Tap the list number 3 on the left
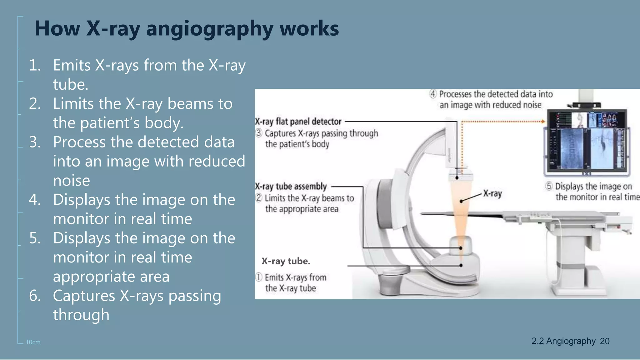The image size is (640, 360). [35, 142]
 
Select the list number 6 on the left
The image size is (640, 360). [35, 296]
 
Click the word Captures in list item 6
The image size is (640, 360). [84, 296]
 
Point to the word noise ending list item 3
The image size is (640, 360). [72, 181]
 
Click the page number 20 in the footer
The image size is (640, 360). [604, 341]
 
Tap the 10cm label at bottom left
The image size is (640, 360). [33, 342]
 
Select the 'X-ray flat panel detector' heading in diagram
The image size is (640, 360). [298, 122]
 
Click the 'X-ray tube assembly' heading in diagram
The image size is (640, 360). [291, 187]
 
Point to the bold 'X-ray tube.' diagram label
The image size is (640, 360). [286, 261]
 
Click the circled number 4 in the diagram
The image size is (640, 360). [433, 94]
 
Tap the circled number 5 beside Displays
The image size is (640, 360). [549, 186]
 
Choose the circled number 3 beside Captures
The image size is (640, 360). [259, 133]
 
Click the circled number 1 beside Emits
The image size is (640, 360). [259, 277]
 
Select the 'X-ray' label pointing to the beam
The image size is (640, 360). [492, 193]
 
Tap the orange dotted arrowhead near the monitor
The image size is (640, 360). [543, 122]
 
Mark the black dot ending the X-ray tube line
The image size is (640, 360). [461, 265]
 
